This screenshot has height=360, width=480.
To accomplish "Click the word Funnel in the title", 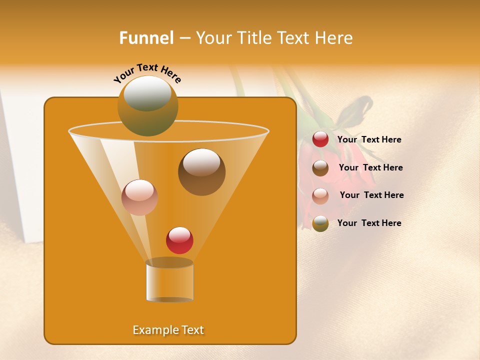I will point(146,38).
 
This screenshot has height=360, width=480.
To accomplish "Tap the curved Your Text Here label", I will point(147,73).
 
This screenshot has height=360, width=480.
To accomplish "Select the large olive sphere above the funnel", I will point(148,105).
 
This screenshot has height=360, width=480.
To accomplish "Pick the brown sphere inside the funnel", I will point(201,172).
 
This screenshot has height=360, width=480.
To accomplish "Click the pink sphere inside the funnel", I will point(139,197).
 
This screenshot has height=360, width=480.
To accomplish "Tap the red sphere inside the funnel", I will point(179,240).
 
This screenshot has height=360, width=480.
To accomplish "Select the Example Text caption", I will point(168,330).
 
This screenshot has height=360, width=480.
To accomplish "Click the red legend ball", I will point(320,139).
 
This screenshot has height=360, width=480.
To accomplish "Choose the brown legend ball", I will point(320,167).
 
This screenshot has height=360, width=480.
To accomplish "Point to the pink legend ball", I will point(320,195).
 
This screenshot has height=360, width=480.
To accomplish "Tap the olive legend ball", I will point(320,223).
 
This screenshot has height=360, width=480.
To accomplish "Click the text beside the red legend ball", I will point(369,140).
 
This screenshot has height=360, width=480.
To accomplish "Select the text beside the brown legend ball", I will point(370,168).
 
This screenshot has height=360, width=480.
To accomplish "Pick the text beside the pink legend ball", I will point(371,195).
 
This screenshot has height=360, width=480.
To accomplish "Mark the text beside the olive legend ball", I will point(369,223).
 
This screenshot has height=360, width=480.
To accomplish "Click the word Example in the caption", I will point(153,330).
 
